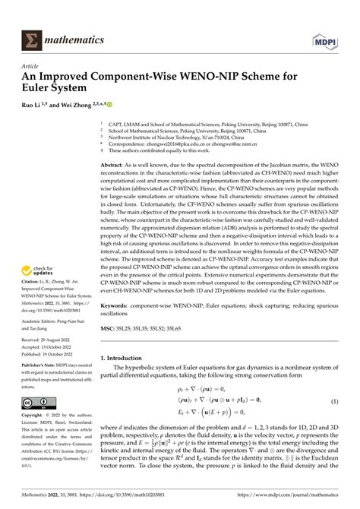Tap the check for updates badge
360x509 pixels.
tap(39, 290)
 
